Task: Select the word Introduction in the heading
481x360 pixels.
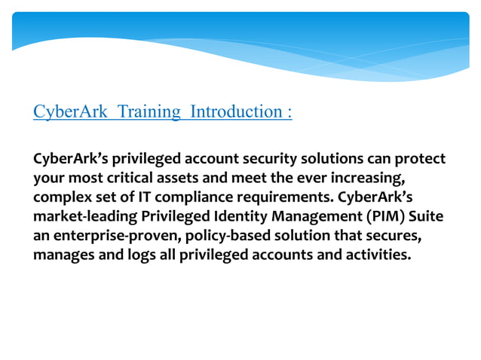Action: pyautogui.click(x=235, y=112)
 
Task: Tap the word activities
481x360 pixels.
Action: pyautogui.click(x=375, y=255)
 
